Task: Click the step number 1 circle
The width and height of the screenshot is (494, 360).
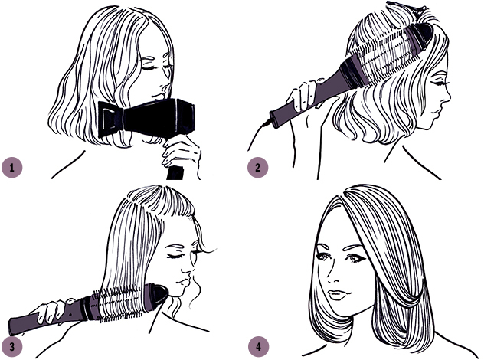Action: click(12, 167)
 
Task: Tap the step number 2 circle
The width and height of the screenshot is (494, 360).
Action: click(257, 167)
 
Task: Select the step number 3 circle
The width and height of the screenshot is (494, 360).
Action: click(12, 347)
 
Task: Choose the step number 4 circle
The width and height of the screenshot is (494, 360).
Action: click(258, 347)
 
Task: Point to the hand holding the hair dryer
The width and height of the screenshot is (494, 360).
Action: click(182, 152)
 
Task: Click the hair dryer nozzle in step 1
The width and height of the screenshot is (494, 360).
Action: click(110, 119)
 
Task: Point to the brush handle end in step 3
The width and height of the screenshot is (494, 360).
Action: click(15, 327)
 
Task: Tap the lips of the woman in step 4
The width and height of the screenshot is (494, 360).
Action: click(336, 295)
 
